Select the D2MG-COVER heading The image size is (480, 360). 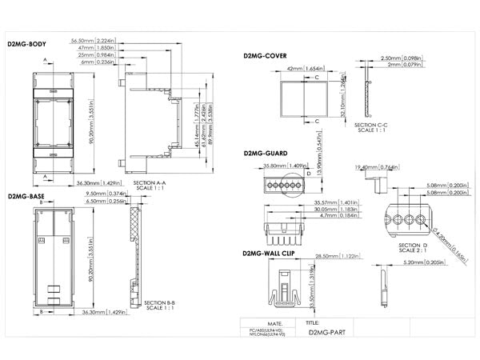click(266, 56)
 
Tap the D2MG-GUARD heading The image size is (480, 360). click(266, 152)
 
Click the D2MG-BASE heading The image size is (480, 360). click(26, 195)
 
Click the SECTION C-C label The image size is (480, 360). click(370, 125)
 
